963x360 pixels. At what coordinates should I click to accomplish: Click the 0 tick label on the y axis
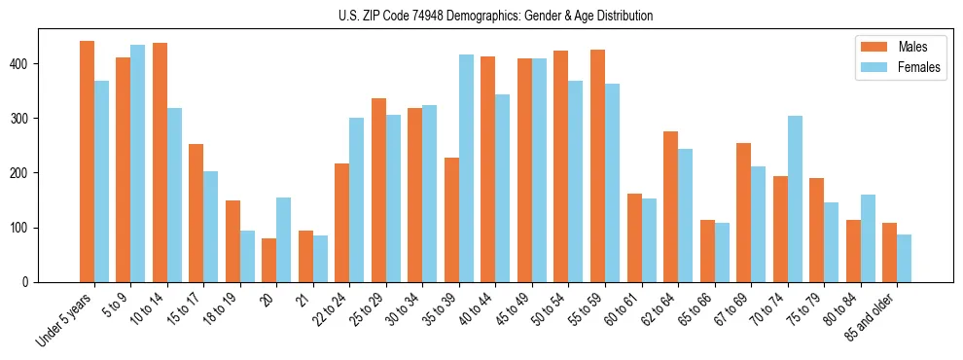tap(30, 282)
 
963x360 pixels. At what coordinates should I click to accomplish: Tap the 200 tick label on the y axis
tap(23, 173)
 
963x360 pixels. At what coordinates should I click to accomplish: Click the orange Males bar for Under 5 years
tap(88, 162)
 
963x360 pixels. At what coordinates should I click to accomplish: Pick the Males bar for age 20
tap(269, 260)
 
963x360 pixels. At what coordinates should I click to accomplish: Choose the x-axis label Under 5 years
tap(64, 321)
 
